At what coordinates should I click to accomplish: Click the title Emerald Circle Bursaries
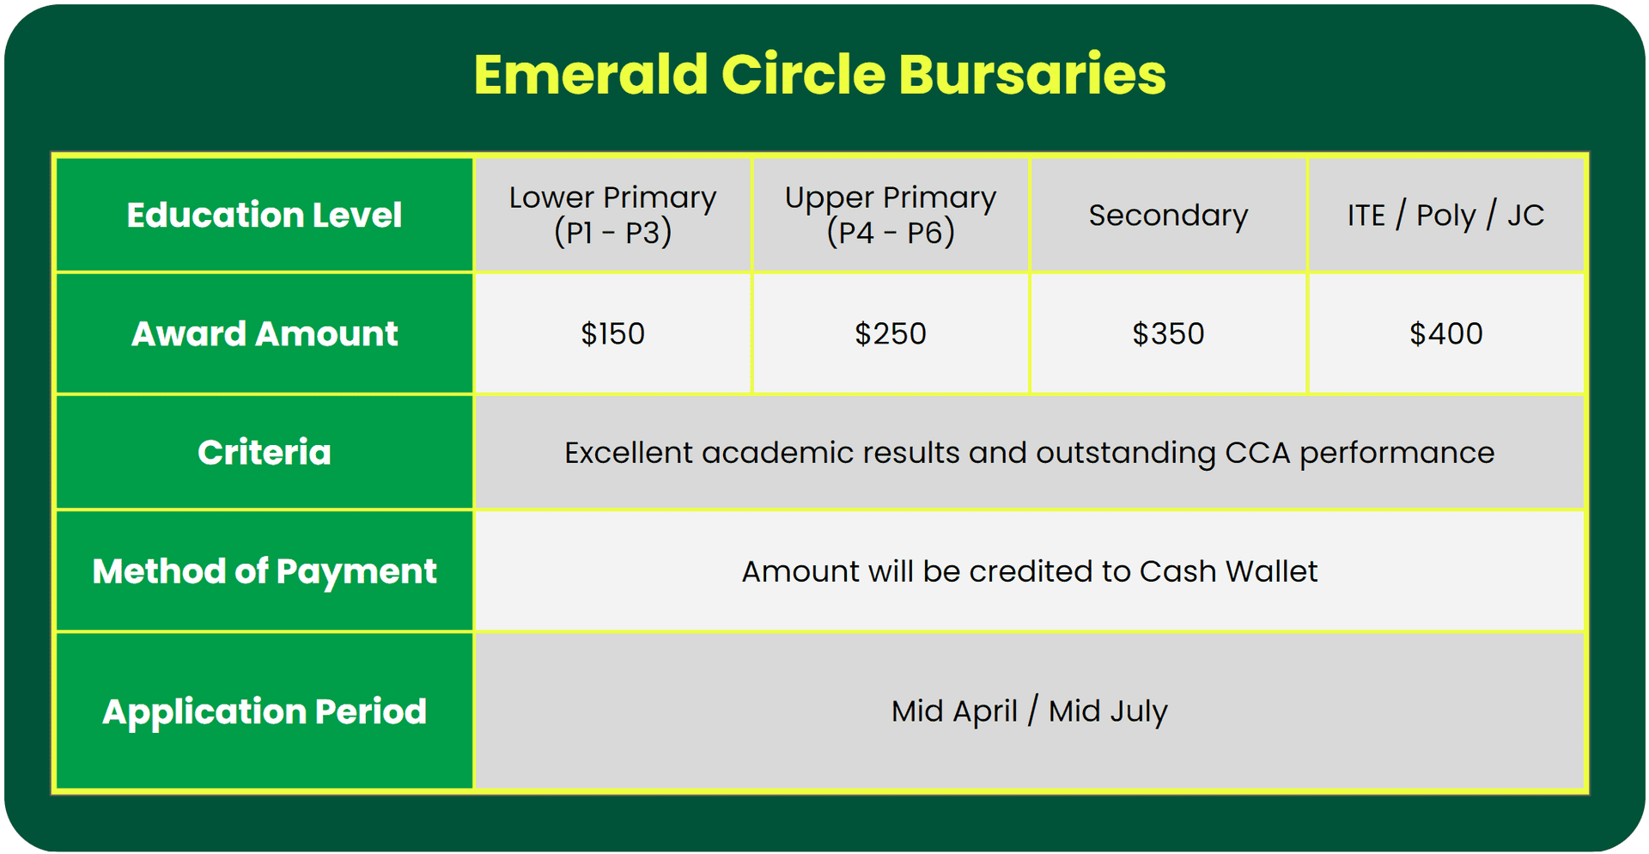pyautogui.click(x=820, y=74)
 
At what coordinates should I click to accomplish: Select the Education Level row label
pyautogui.click(x=265, y=215)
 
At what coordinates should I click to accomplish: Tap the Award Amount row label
pyautogui.click(x=265, y=333)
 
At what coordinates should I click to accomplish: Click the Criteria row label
pyautogui.click(x=265, y=452)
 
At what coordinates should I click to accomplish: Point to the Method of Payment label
pyautogui.click(x=265, y=571)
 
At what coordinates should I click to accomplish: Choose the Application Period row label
pyautogui.click(x=265, y=711)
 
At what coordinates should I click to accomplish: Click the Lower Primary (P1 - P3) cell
pyautogui.click(x=612, y=215)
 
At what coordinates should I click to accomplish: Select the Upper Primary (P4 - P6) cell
pyautogui.click(x=891, y=215)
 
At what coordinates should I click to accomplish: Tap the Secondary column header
pyautogui.click(x=1168, y=215)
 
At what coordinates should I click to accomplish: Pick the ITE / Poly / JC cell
pyautogui.click(x=1445, y=215)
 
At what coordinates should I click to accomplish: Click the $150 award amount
pyautogui.click(x=612, y=333)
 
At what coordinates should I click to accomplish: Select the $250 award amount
pyautogui.click(x=891, y=333)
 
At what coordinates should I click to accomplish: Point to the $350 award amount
pyautogui.click(x=1168, y=333)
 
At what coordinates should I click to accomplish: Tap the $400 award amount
pyautogui.click(x=1445, y=333)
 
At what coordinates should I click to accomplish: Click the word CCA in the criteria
pyautogui.click(x=1257, y=453)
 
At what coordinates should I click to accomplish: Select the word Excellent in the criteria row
pyautogui.click(x=629, y=453)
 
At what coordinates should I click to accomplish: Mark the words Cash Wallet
pyautogui.click(x=1229, y=571)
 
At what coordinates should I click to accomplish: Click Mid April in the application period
pyautogui.click(x=954, y=711)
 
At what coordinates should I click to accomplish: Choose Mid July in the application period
pyautogui.click(x=1108, y=711)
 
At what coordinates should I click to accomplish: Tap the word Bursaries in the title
pyautogui.click(x=1032, y=74)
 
